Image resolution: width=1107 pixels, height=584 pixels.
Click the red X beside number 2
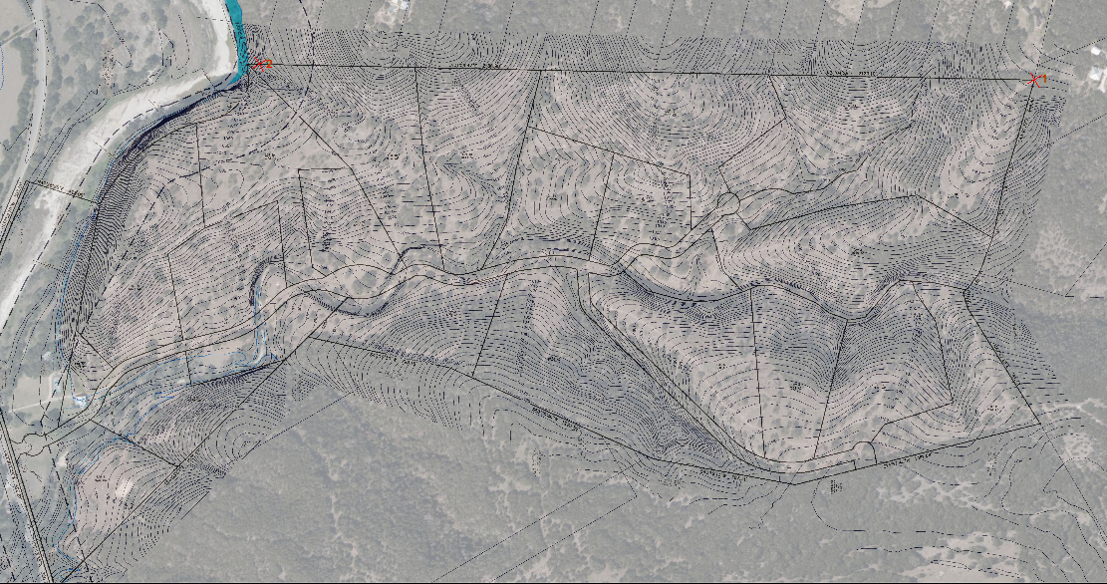[256, 64]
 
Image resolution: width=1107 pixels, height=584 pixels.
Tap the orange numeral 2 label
[266, 63]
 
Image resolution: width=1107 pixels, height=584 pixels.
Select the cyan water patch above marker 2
[238, 40]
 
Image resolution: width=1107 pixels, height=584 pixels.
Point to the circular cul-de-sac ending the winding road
[727, 202]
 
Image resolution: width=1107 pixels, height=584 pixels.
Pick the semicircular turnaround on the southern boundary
[866, 453]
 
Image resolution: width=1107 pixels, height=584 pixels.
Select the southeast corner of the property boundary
[1040, 424]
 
